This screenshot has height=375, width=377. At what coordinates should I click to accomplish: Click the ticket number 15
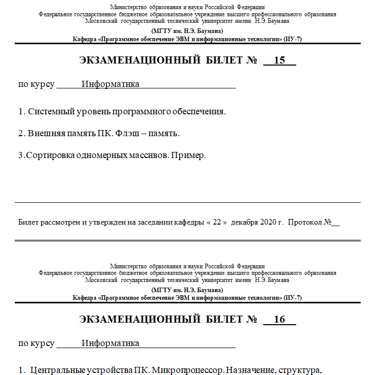click(x=279, y=61)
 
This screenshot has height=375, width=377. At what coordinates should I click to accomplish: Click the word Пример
click(x=188, y=155)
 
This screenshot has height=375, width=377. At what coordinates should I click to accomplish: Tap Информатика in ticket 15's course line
click(x=111, y=84)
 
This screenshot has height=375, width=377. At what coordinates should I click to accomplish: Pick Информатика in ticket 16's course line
click(x=111, y=343)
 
